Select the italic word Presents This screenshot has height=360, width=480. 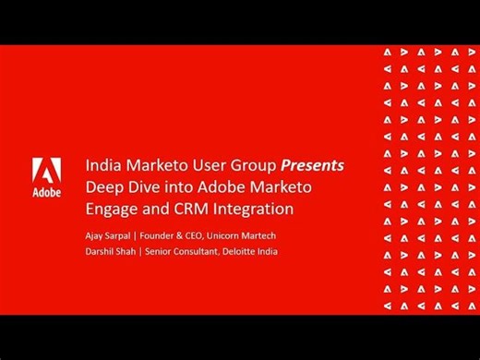point(313,165)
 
